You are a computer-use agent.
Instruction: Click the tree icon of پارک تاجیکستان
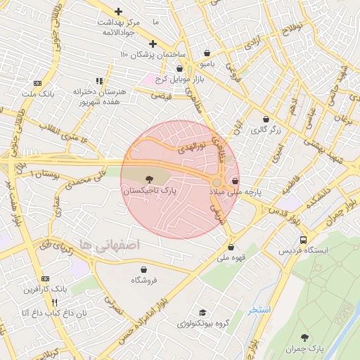point(148,180)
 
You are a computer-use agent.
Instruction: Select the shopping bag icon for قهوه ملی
point(231,247)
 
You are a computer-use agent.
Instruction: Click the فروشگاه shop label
point(144,281)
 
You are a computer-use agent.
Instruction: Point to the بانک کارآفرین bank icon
point(46,278)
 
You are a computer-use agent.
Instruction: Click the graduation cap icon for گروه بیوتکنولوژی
point(203,313)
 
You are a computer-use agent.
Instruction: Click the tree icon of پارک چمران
point(304,338)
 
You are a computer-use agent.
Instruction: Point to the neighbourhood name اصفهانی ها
point(110,244)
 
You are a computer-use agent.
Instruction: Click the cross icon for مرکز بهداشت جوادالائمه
point(118,12)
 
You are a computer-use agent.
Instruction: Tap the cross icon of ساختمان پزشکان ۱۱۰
point(153,44)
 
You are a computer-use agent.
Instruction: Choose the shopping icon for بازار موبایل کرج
point(180,69)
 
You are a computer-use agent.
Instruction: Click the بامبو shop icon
point(207,53)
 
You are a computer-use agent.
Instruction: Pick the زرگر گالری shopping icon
point(266,120)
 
